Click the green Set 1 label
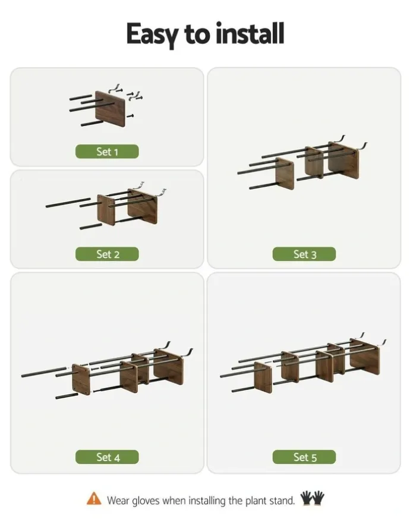tap(107, 152)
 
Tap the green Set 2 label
tap(107, 254)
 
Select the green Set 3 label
tap(304, 254)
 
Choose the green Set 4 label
tap(107, 457)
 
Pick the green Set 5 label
tap(304, 457)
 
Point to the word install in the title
tap(250, 33)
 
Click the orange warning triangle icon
tap(94, 499)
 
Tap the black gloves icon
tap(312, 498)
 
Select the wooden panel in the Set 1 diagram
tap(111, 109)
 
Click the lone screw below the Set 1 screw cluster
tap(130, 116)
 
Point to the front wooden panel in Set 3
tap(285, 174)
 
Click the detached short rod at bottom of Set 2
tap(91, 226)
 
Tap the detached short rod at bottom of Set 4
tap(67, 396)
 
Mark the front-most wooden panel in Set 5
tap(263, 378)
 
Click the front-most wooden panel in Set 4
tap(81, 380)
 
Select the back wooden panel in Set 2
tap(143, 206)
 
